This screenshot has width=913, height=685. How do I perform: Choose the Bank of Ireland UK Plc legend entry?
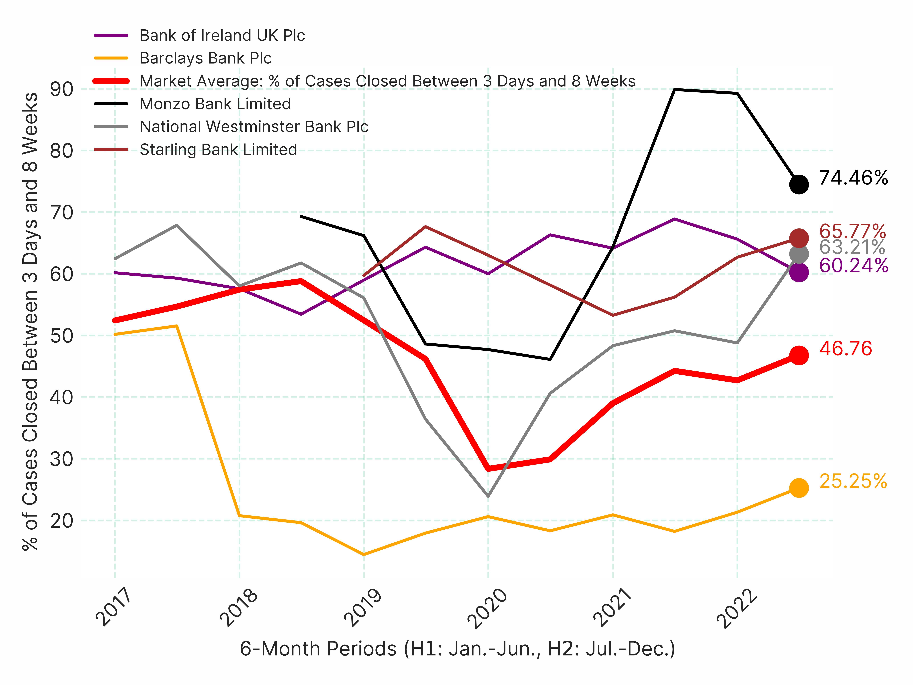coord(222,36)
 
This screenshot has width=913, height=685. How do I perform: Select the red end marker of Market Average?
coord(799,355)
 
